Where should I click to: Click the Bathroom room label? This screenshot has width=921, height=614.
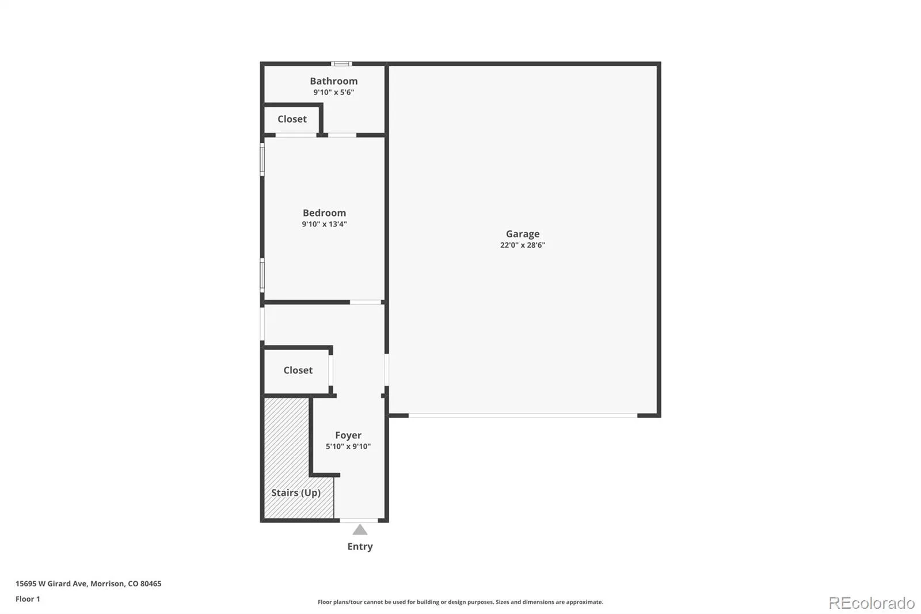(333, 81)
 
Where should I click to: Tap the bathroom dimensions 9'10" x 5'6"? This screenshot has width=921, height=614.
(333, 92)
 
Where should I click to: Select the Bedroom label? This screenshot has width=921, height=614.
(324, 213)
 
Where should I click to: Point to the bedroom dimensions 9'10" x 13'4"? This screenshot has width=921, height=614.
(324, 224)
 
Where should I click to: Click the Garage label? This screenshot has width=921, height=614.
(522, 234)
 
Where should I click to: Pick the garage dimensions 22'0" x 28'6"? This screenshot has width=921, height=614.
(522, 245)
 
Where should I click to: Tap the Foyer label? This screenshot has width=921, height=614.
(348, 435)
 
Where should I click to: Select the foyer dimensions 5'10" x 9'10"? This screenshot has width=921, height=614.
(348, 446)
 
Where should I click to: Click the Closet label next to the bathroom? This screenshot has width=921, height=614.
(292, 119)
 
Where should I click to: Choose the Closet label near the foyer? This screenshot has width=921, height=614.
(298, 370)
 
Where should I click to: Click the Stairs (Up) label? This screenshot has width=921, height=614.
(296, 492)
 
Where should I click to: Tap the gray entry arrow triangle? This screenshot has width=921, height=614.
(360, 529)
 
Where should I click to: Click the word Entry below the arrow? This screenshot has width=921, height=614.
(360, 547)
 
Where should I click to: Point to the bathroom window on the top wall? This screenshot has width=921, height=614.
(341, 64)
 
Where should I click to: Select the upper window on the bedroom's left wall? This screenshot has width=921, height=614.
(262, 160)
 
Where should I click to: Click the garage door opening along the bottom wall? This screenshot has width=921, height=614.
(523, 416)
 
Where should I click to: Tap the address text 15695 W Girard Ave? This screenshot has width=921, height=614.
(51, 583)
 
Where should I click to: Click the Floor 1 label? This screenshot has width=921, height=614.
(28, 599)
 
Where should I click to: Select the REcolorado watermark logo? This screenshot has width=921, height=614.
(871, 603)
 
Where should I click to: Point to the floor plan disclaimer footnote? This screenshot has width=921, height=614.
(460, 602)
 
